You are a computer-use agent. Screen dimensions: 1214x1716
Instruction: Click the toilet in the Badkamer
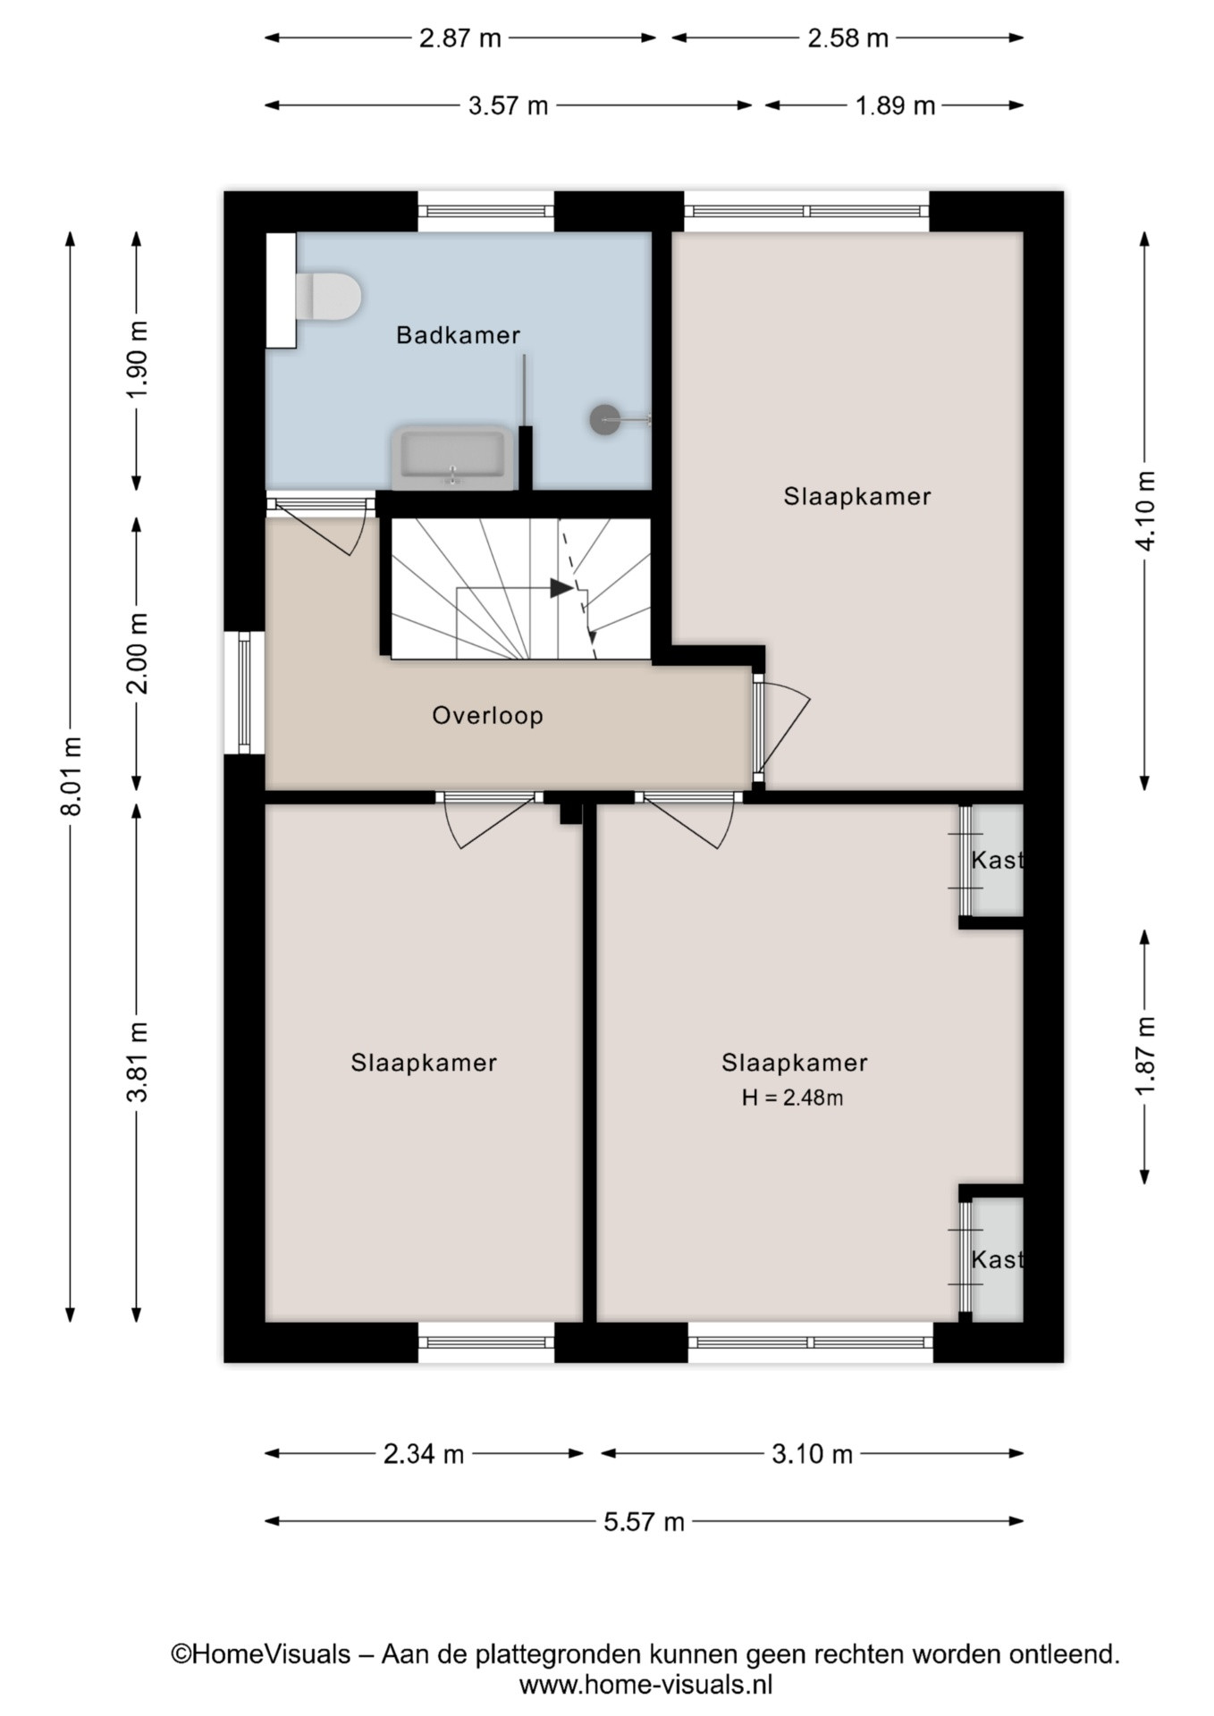click(327, 296)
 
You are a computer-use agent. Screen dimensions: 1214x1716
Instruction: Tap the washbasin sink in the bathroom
click(453, 458)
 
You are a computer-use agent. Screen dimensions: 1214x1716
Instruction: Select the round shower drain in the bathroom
click(605, 418)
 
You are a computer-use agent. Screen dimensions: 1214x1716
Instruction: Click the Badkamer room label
click(458, 335)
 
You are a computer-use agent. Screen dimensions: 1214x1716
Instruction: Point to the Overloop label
click(487, 715)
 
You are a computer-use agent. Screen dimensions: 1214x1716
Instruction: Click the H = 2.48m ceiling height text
click(792, 1098)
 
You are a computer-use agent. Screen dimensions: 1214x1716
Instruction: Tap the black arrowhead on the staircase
click(561, 587)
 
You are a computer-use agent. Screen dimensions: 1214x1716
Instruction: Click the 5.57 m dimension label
click(644, 1521)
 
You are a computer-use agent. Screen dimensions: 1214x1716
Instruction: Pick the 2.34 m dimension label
click(424, 1454)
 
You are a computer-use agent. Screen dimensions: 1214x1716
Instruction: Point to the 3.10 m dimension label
click(812, 1454)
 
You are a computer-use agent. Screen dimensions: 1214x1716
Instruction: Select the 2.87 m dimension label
click(460, 38)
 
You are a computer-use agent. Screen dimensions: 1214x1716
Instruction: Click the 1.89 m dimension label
click(895, 106)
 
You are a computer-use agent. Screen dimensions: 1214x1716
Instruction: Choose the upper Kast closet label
click(997, 860)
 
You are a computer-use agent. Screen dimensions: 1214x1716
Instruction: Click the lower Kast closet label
click(997, 1259)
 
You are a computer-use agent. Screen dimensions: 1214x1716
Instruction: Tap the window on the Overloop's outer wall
click(244, 692)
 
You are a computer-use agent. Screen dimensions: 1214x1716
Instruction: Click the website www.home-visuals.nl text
click(645, 1686)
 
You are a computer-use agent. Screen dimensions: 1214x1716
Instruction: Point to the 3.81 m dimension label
click(138, 1062)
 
